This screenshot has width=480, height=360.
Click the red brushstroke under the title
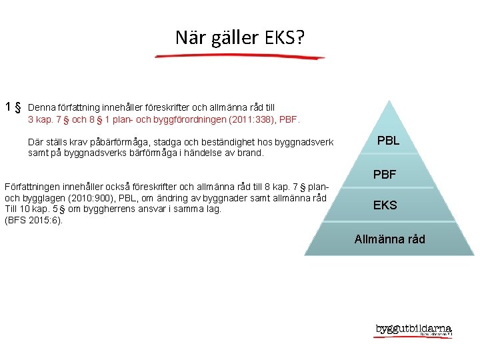click(x=239, y=57)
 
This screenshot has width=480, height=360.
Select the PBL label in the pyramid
click(x=388, y=141)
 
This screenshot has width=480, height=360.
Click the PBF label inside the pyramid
click(x=385, y=175)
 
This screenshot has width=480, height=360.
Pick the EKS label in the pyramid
click(x=385, y=205)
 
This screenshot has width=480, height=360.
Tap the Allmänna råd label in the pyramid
click(x=389, y=239)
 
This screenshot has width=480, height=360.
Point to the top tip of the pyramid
click(x=389, y=101)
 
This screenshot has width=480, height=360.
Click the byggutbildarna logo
click(x=413, y=330)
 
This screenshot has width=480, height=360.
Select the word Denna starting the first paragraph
click(x=41, y=107)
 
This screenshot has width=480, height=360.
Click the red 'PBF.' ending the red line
click(x=294, y=121)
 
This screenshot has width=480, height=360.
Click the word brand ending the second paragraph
click(x=251, y=152)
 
